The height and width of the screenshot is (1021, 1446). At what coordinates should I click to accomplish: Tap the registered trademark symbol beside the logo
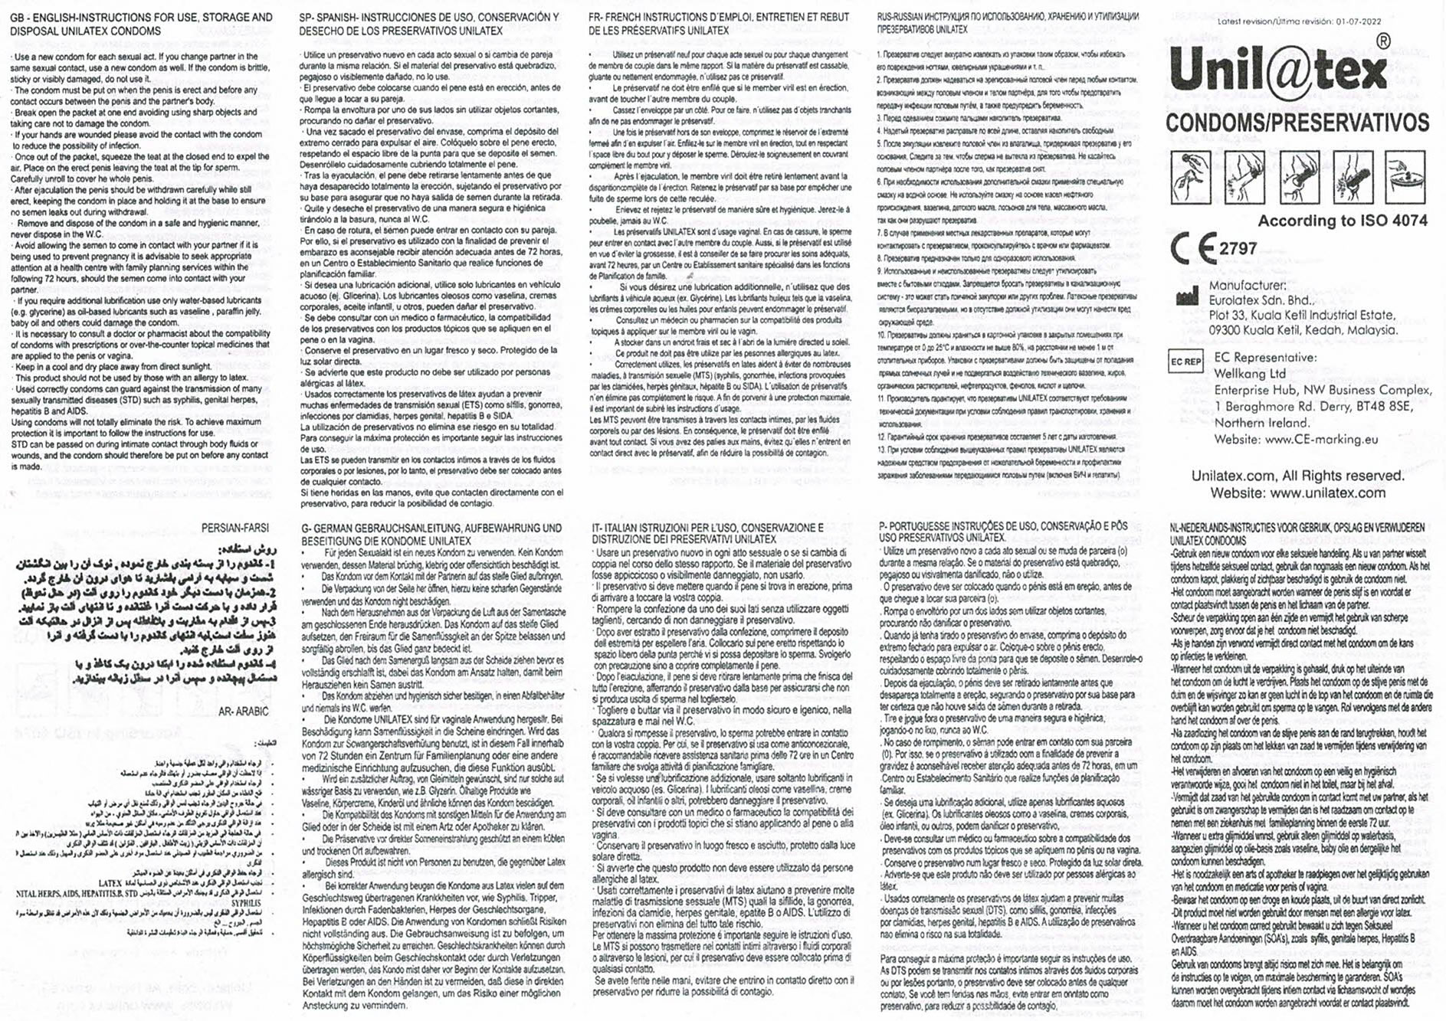[x=1383, y=42]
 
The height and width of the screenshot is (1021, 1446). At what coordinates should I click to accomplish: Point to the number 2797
[x=1238, y=249]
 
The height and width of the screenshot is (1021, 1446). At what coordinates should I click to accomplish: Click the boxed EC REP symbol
[x=1185, y=362]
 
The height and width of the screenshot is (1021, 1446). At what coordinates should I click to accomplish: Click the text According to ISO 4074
[x=1343, y=221]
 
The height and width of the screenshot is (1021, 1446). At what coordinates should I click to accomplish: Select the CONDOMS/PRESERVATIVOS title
[x=1297, y=123]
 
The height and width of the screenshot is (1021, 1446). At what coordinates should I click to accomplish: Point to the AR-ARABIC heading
[x=244, y=712]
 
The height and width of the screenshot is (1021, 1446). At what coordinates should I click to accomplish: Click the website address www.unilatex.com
[x=1327, y=493]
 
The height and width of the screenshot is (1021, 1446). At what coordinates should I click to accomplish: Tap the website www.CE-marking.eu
[x=1310, y=440]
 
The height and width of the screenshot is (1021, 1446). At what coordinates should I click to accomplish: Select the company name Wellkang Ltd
[x=1250, y=374]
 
